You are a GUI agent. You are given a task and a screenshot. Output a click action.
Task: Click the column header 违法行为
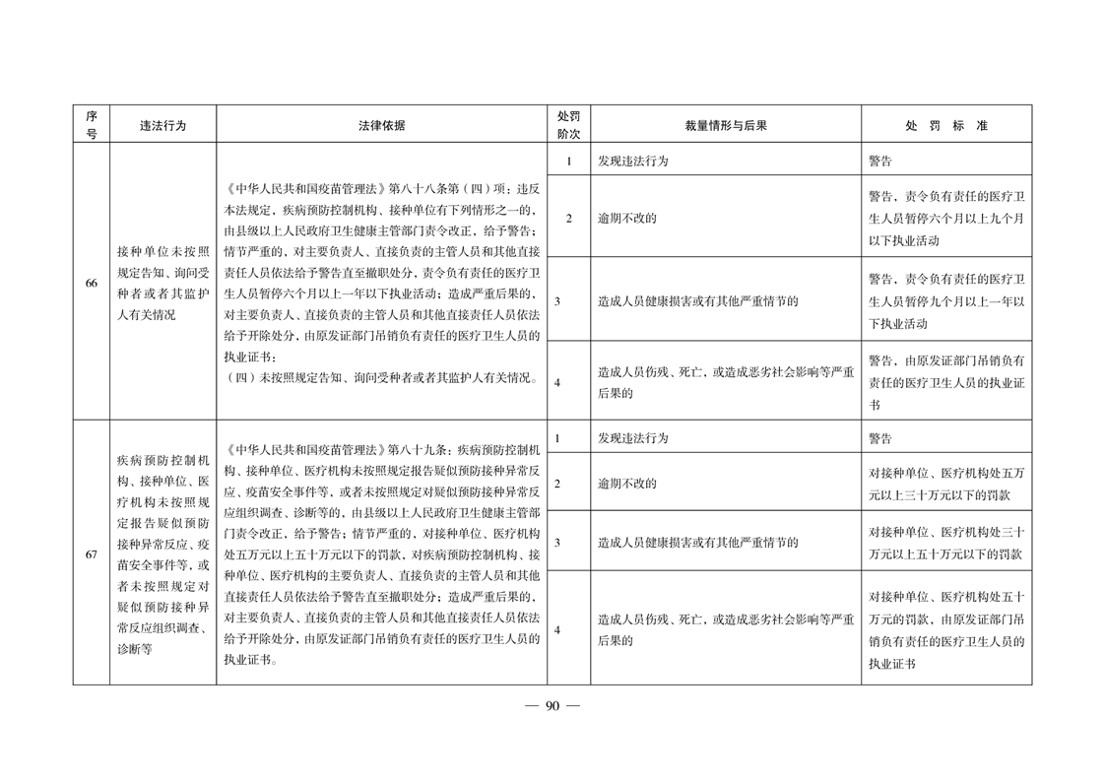coord(162,126)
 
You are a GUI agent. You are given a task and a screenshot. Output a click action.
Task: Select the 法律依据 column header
coord(381,126)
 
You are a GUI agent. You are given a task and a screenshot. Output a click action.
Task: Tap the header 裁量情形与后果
coord(726,126)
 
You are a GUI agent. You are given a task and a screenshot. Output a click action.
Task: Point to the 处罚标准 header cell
coord(945,126)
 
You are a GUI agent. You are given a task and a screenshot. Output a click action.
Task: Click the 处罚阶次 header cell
coord(568,126)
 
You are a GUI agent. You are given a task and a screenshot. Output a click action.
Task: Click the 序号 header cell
coord(91,126)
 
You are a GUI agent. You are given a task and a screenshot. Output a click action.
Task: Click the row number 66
coord(91,283)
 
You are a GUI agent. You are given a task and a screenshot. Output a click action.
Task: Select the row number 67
coord(91,554)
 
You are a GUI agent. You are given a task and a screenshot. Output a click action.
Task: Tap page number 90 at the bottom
coord(552,705)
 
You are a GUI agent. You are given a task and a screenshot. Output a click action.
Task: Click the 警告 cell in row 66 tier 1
coord(880,161)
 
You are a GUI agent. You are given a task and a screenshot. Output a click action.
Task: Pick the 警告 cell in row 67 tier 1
coord(880,438)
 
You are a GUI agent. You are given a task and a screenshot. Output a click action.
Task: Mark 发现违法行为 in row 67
coord(633,438)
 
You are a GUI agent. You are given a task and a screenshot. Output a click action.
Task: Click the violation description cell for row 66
coord(162,283)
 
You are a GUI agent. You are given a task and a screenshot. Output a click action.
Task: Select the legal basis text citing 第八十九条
coord(381,554)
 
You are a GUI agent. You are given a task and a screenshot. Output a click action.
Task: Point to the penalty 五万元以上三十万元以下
coord(945,484)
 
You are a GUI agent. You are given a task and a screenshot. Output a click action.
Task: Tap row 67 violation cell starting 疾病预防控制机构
coord(162,554)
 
